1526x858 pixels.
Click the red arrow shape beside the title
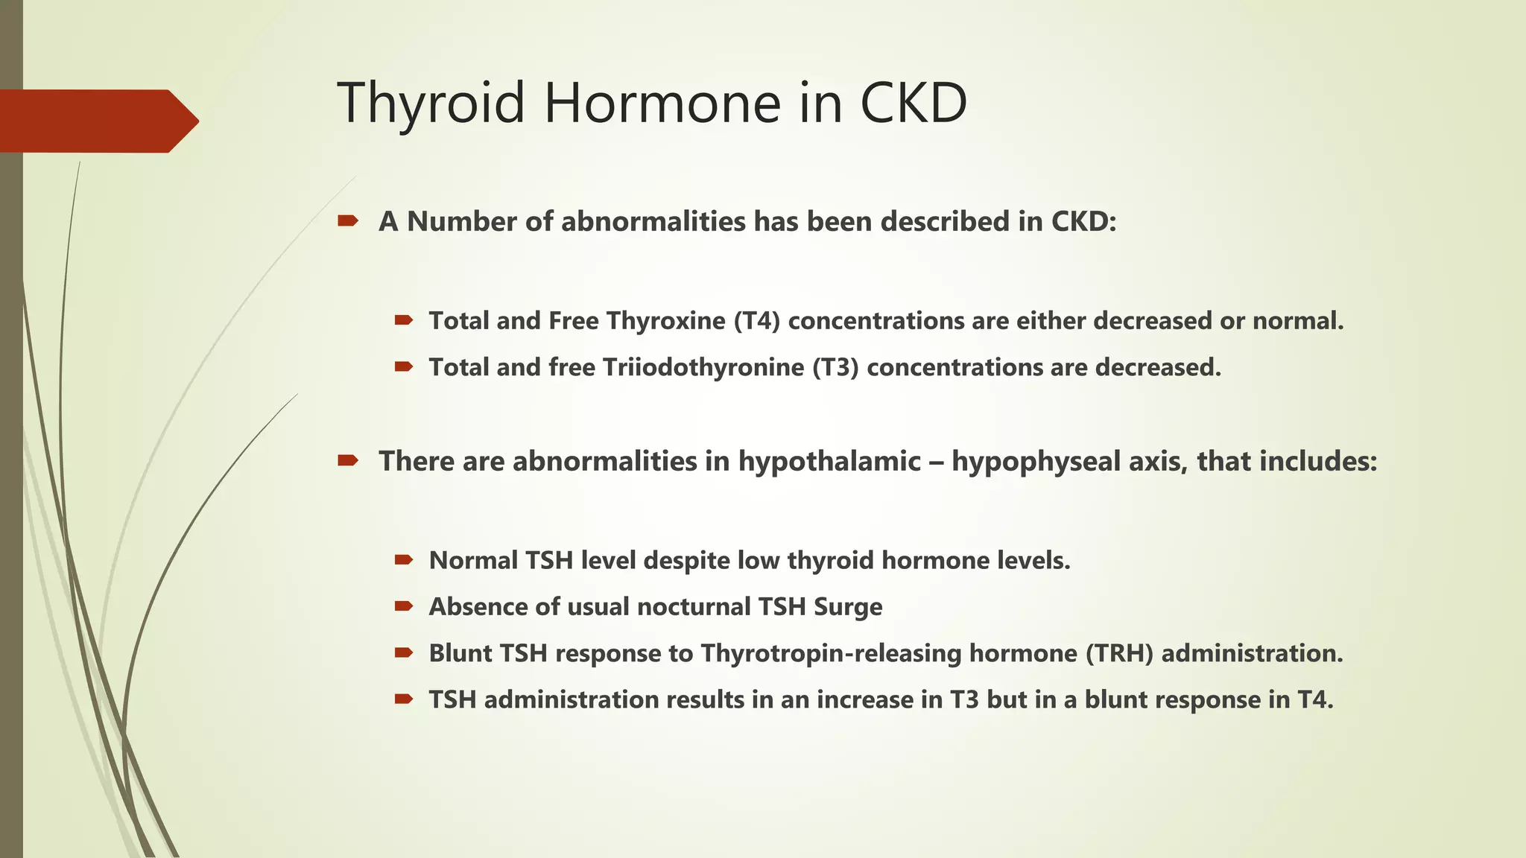[x=97, y=121]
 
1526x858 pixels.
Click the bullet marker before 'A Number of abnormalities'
[x=348, y=221]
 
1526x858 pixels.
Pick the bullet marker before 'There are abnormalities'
[x=348, y=461]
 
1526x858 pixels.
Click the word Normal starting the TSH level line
[x=473, y=561]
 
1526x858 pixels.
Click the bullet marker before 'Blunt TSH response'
[x=404, y=653]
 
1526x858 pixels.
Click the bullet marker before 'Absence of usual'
[x=404, y=606]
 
